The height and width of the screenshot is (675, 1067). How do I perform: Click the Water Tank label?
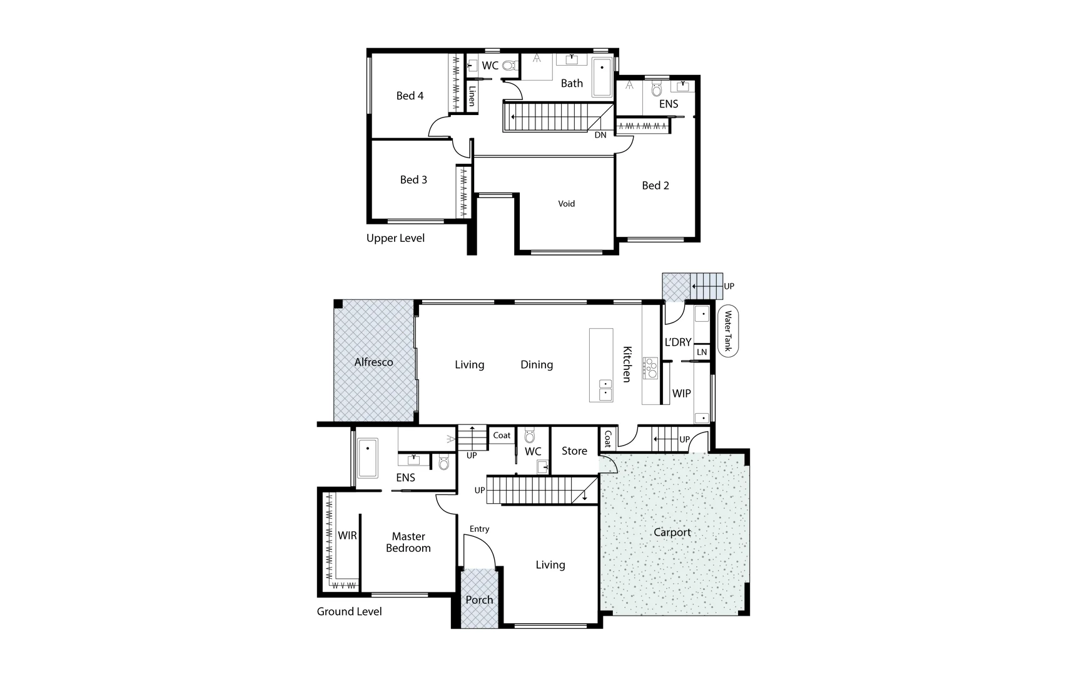pos(728,331)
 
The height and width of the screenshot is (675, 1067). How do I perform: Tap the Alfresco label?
pos(373,362)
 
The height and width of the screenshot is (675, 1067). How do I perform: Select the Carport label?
pos(672,532)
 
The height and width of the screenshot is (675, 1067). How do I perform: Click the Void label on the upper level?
pos(566,204)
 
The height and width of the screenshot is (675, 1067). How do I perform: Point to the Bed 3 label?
pos(413,180)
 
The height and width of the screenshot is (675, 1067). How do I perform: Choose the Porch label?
pos(479,600)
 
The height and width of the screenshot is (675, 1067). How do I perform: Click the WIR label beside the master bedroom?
pos(347,536)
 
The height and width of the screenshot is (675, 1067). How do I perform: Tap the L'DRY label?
pos(678,342)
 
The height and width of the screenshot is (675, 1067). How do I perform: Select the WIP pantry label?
pos(681,394)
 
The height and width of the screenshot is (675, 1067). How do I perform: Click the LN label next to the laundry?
pos(702,352)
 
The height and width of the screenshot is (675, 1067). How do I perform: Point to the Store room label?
pos(574,451)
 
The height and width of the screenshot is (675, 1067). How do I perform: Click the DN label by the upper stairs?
pos(600,135)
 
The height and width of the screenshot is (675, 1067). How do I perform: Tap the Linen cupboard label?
pos(472,96)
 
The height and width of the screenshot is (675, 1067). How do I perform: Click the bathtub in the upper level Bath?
pos(602,77)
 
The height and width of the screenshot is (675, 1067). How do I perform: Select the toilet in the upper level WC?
pos(508,65)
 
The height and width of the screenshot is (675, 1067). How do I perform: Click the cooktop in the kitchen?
pos(651,368)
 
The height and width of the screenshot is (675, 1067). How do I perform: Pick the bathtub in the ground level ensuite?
pos(368,458)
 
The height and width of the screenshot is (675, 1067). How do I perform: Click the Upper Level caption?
pos(395,238)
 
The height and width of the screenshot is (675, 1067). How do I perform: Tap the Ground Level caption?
pos(349,612)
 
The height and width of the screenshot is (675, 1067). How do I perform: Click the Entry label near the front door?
pos(480,529)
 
